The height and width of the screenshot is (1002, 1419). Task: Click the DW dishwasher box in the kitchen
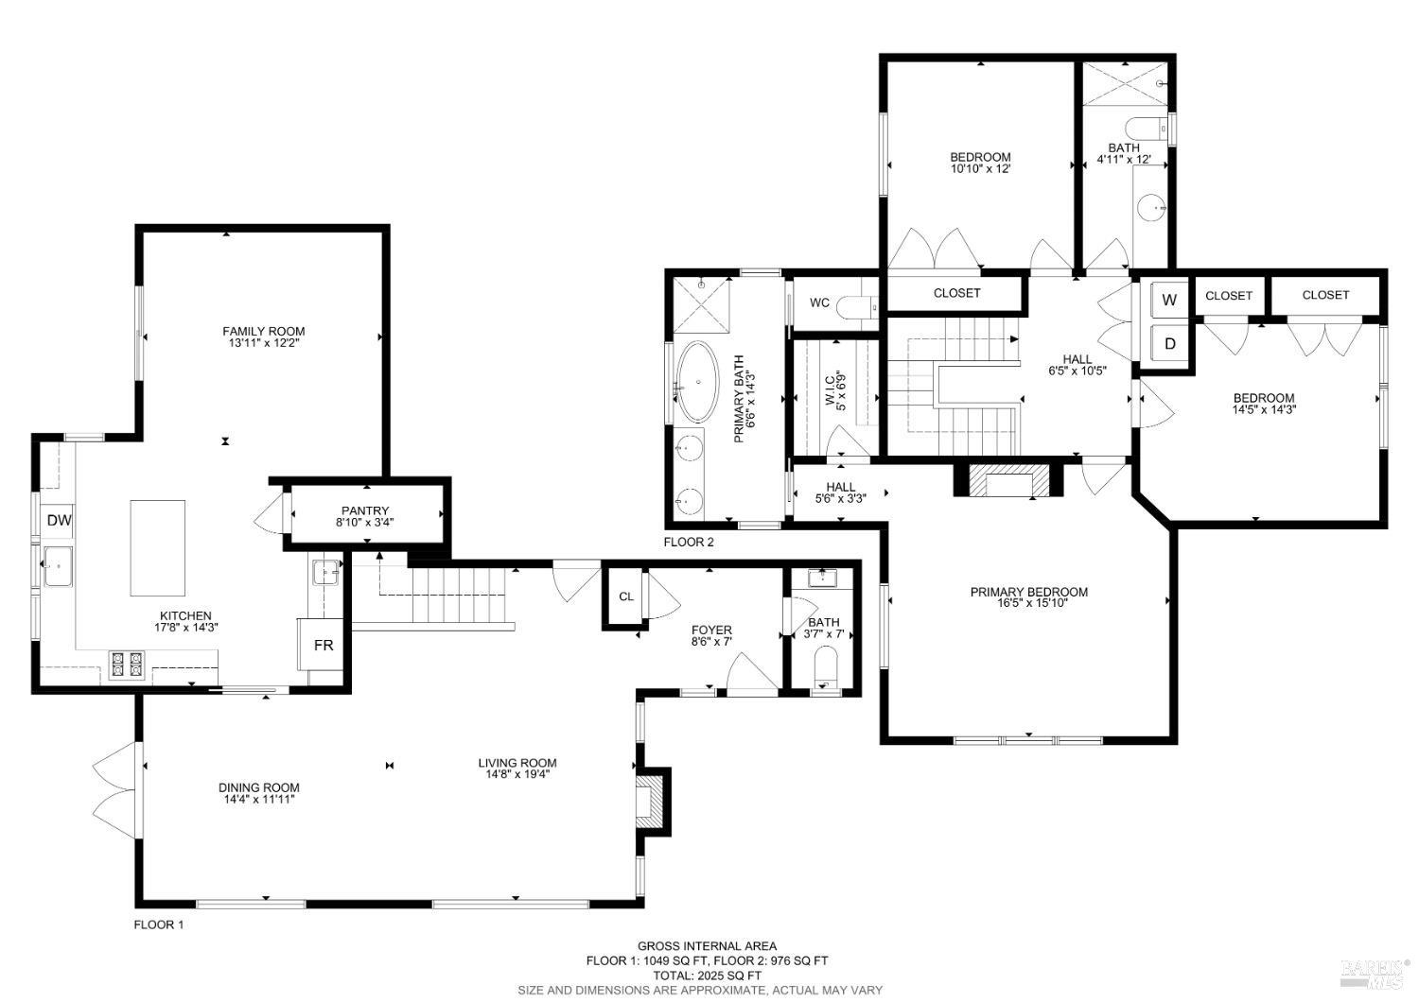[60, 520]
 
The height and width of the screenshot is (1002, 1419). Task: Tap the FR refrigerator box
[324, 645]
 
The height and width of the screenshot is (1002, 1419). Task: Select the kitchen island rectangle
[157, 548]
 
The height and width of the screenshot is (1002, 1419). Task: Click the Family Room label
[264, 331]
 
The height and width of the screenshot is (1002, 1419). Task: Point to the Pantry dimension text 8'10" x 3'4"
[365, 522]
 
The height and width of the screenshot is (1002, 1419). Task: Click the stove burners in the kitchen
[127, 665]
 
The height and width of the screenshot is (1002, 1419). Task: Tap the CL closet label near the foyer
[625, 596]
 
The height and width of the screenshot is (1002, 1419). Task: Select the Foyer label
[711, 631]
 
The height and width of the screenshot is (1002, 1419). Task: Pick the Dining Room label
[258, 787]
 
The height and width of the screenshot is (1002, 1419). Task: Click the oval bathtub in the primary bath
[698, 382]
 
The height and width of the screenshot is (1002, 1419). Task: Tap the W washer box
[1169, 301]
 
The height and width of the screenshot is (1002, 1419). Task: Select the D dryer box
[1169, 344]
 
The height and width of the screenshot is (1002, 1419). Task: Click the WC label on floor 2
[819, 302]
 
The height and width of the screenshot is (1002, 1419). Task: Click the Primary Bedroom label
[1028, 592]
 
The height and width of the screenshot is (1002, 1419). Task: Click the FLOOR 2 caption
[689, 542]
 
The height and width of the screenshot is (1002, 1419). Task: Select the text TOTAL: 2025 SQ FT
[707, 976]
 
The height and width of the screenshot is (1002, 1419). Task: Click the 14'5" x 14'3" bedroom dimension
[1263, 410]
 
